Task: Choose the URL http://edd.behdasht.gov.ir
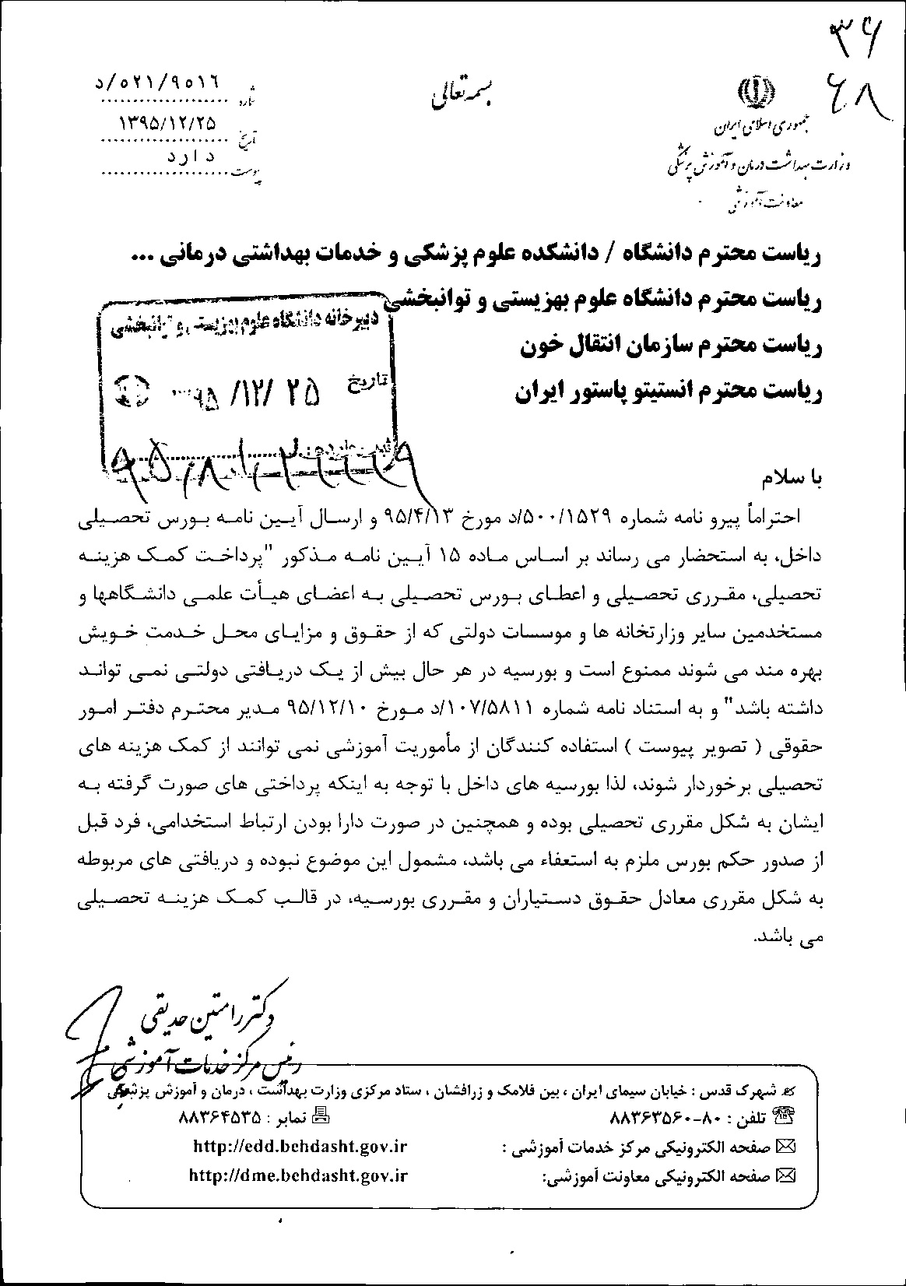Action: pos(300,1146)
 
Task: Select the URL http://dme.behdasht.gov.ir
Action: pos(299,1175)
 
